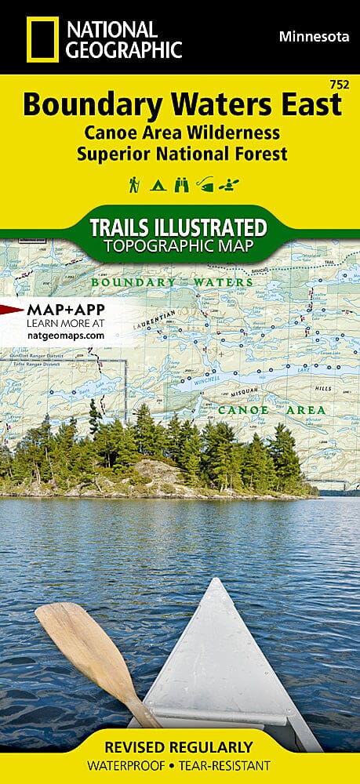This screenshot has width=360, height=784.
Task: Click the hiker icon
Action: pos(134,185)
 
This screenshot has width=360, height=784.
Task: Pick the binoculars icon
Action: pos(181,186)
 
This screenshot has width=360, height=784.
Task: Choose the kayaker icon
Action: pos(230,186)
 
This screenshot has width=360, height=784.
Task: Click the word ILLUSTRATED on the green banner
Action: pos(213,228)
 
